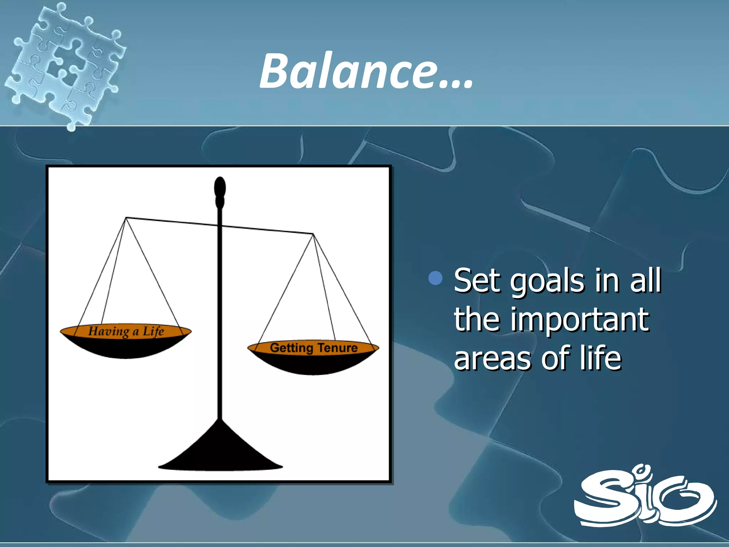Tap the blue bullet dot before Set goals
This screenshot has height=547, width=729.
pyautogui.click(x=435, y=278)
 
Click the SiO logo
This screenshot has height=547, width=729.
pyautogui.click(x=645, y=496)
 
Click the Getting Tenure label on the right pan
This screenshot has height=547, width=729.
pyautogui.click(x=313, y=348)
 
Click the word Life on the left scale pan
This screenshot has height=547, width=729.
pyautogui.click(x=153, y=331)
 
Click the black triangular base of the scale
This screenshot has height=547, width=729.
pyautogui.click(x=220, y=452)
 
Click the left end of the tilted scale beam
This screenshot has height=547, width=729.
pyautogui.click(x=127, y=218)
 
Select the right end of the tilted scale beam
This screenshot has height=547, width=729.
pyautogui.click(x=312, y=234)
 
